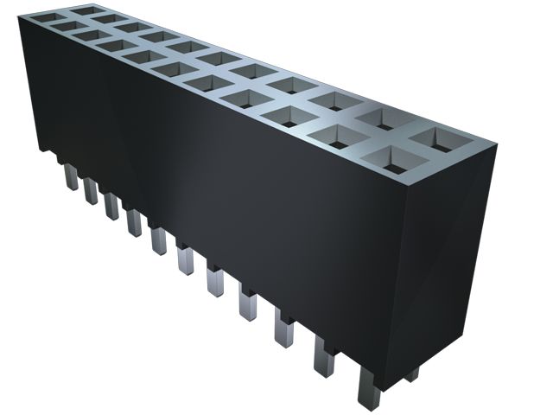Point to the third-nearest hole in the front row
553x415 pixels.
298,115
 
